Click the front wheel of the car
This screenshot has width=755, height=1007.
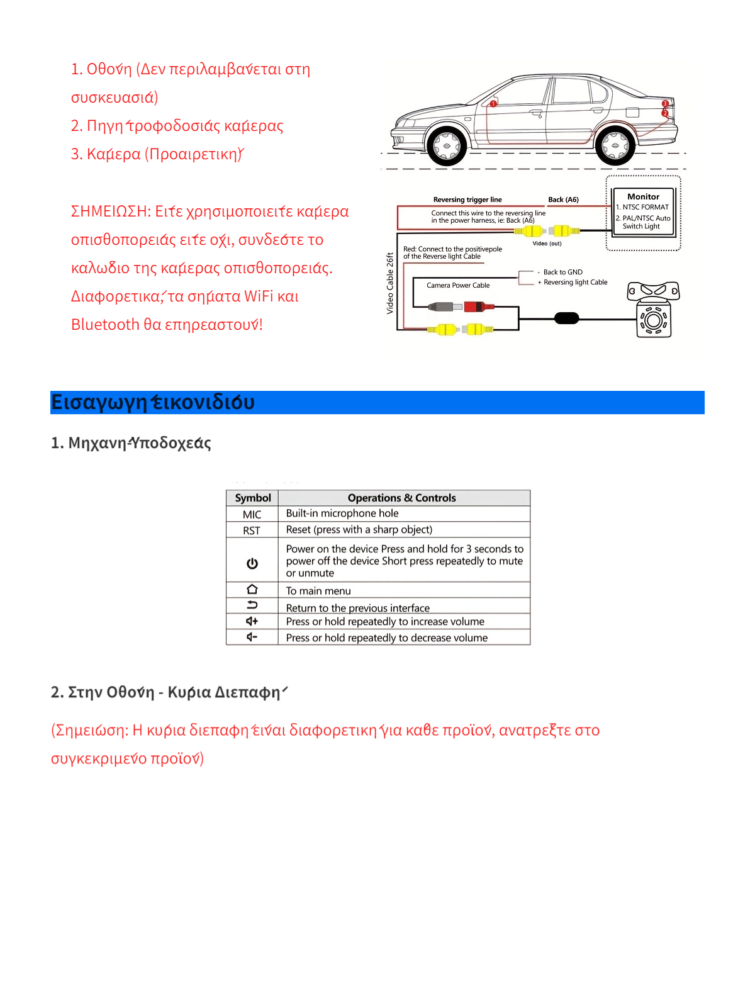point(447,146)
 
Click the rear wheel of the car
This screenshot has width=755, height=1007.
point(615,146)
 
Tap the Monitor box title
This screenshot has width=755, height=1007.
point(643,196)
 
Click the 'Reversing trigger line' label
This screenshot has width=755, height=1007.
point(467,200)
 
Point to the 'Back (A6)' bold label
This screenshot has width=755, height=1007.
point(563,200)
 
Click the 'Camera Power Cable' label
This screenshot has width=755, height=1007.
point(458,285)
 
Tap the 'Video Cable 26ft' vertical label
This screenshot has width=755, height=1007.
point(390,283)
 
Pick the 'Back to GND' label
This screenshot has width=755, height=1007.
point(562,272)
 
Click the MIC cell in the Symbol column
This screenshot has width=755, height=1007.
point(252,514)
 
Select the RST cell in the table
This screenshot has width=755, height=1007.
point(252,531)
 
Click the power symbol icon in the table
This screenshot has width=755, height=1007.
point(252,563)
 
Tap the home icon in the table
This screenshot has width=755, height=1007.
point(252,590)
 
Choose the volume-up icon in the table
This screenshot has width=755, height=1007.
point(252,621)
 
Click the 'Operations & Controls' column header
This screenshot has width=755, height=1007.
point(401,498)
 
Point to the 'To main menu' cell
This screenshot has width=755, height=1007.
point(318,591)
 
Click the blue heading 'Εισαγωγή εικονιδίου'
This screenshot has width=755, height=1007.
point(153,402)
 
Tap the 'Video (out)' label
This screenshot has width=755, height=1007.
point(547,244)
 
